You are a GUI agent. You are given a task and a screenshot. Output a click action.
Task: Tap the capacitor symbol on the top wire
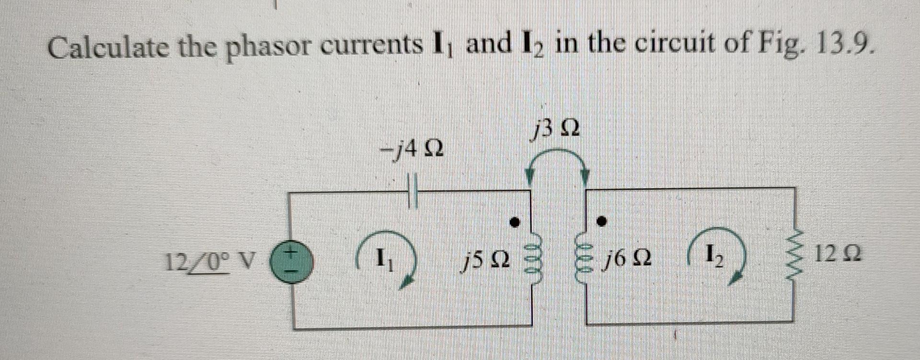tap(413, 193)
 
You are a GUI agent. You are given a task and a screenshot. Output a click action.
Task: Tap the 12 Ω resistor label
tap(838, 254)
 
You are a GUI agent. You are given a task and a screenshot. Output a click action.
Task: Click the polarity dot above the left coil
tap(515, 222)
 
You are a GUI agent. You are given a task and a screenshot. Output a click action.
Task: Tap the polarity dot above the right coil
tap(601, 222)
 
